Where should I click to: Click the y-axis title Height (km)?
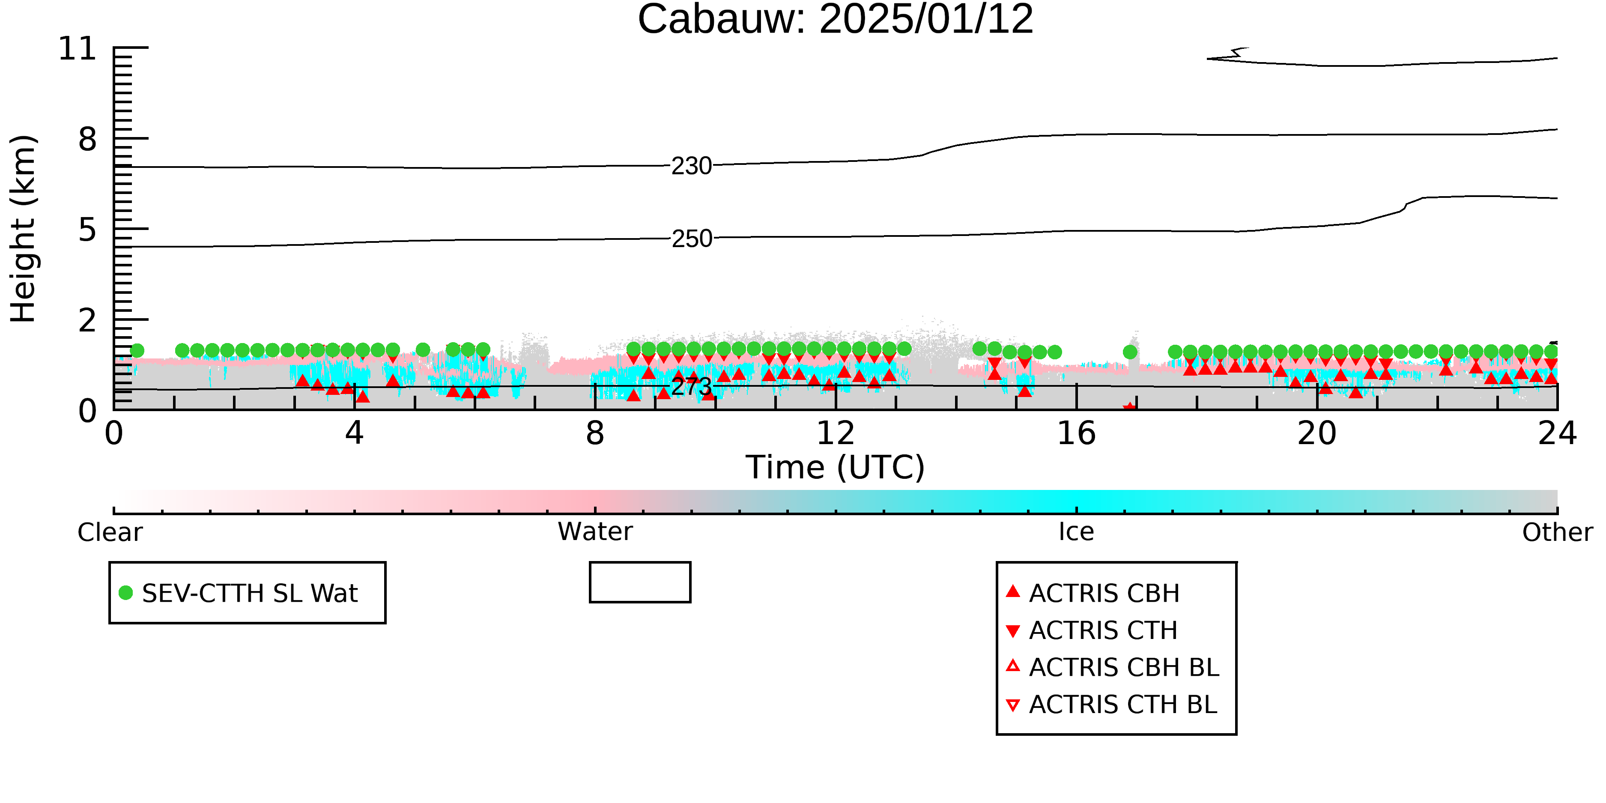point(23,229)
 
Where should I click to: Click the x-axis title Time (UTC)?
point(836,468)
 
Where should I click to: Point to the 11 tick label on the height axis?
point(78,49)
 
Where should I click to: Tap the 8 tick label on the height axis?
point(87,140)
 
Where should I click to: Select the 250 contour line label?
point(691,239)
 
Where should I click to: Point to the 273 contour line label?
point(691,387)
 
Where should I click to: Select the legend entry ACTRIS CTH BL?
point(1112,704)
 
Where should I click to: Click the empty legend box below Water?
point(640,563)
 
